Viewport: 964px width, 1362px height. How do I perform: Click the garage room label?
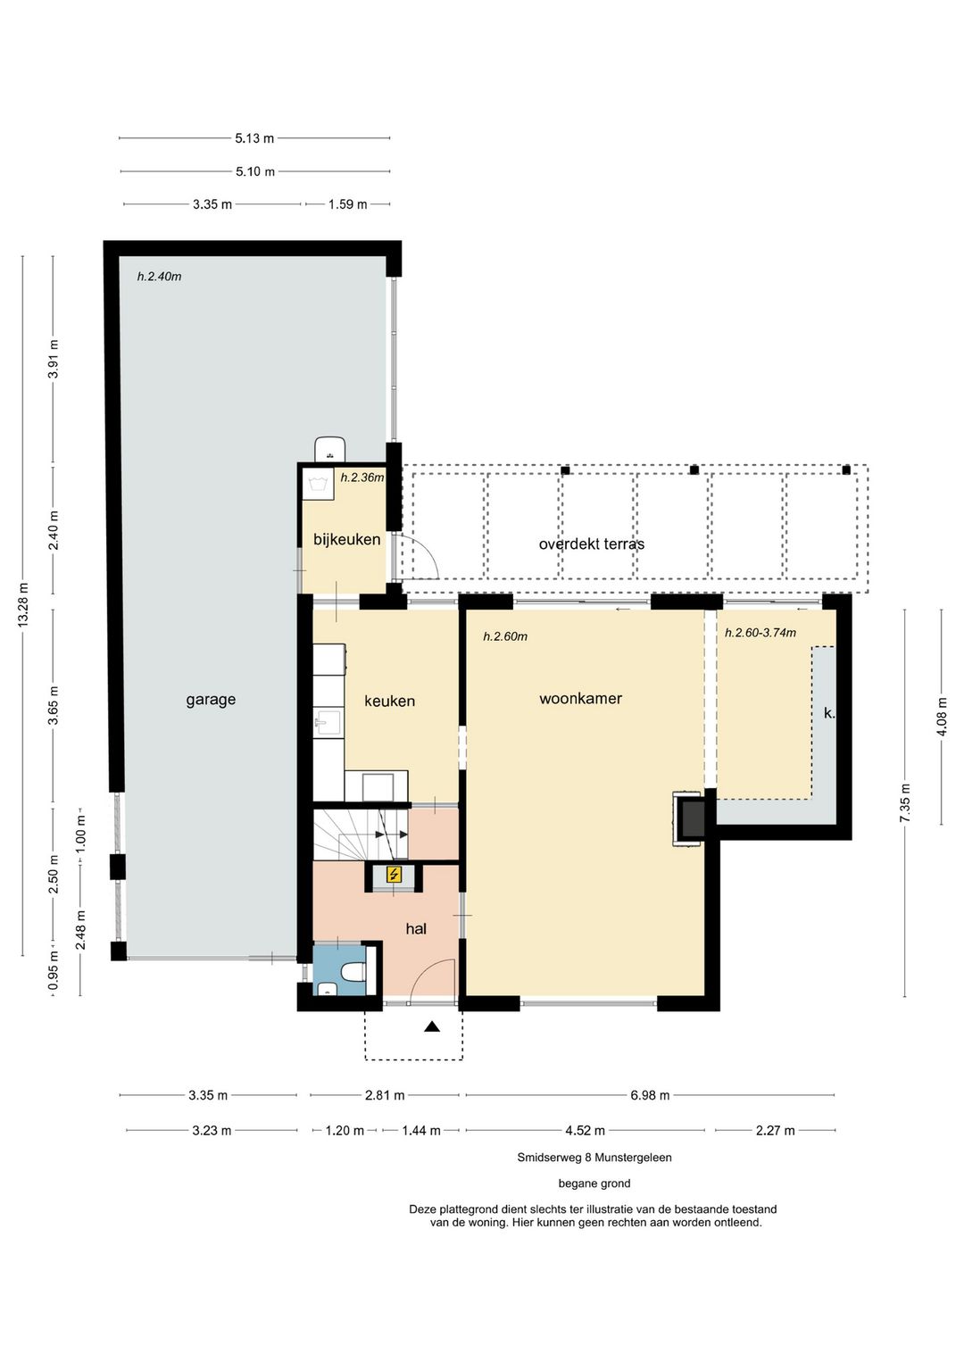(211, 700)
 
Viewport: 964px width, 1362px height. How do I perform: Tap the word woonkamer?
(580, 698)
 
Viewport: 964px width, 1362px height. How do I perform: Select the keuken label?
(389, 701)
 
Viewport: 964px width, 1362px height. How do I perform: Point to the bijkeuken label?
(346, 539)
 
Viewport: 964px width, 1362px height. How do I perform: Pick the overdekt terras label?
(591, 544)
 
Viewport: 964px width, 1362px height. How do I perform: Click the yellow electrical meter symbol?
(395, 875)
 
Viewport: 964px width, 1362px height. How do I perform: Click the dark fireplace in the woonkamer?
(692, 818)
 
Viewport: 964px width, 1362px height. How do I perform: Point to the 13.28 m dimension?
(23, 605)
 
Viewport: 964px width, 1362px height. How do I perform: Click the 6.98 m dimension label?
(650, 1095)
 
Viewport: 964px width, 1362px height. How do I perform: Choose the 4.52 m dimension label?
(585, 1130)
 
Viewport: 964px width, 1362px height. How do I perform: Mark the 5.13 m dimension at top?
(254, 138)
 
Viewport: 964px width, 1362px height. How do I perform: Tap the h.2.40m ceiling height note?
(160, 277)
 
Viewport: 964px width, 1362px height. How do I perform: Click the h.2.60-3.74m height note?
(760, 633)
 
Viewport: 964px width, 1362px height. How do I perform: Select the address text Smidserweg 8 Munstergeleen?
(594, 1158)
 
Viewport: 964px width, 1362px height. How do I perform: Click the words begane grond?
(594, 1183)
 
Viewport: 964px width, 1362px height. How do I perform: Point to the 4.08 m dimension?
(942, 717)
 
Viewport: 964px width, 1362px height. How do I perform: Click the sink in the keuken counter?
(328, 722)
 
